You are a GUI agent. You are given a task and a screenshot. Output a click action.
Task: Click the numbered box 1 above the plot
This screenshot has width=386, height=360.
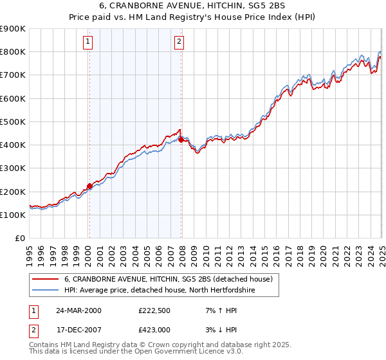(x=87, y=43)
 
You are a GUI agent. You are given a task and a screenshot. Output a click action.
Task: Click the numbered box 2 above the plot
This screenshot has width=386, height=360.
(x=179, y=43)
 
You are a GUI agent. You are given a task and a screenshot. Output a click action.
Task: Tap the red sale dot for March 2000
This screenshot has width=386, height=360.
(x=89, y=186)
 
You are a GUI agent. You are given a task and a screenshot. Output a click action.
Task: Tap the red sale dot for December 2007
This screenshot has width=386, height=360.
(x=181, y=139)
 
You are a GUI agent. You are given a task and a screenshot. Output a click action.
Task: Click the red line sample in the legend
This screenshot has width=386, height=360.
(x=44, y=279)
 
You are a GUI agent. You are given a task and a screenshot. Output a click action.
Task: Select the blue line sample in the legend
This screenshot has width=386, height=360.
(x=44, y=291)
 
